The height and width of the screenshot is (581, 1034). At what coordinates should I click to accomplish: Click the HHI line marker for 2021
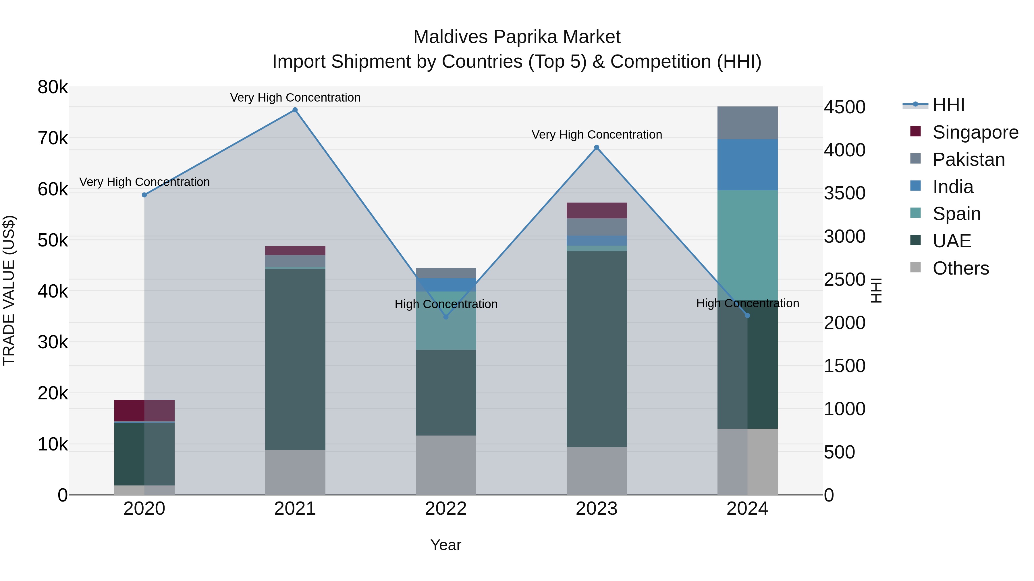click(x=295, y=110)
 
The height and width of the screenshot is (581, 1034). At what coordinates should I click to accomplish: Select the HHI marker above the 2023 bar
click(x=597, y=147)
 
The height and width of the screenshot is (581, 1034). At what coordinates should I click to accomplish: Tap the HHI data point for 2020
click(x=144, y=195)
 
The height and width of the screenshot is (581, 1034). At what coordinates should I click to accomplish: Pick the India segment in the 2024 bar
click(x=747, y=164)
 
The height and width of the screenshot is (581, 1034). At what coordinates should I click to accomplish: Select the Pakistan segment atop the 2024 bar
click(x=747, y=123)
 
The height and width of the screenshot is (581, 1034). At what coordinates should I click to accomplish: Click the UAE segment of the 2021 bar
click(x=295, y=359)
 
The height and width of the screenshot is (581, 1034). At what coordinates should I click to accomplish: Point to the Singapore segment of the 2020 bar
click(x=144, y=410)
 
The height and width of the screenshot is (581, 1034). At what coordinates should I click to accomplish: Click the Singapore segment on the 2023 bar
click(x=597, y=211)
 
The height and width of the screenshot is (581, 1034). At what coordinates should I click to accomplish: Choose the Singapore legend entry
click(x=975, y=132)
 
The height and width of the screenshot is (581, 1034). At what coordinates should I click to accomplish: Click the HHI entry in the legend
click(x=948, y=105)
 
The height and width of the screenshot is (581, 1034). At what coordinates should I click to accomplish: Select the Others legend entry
click(x=960, y=268)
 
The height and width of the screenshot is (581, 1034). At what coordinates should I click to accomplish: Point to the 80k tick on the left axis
click(x=53, y=87)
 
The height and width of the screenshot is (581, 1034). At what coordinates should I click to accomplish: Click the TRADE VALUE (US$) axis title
click(x=9, y=290)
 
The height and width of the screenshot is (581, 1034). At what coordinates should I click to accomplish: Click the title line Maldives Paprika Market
click(x=517, y=37)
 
